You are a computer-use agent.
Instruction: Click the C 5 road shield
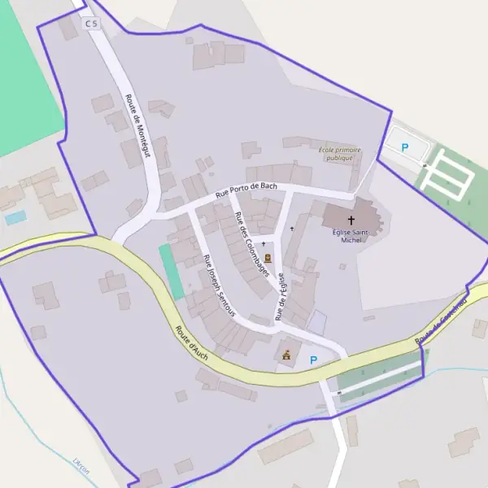(x=90, y=24)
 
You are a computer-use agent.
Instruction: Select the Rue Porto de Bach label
(x=246, y=191)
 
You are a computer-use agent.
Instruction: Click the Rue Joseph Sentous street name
(x=219, y=285)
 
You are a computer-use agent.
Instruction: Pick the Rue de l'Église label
(x=281, y=294)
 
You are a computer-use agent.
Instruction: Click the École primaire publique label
(x=340, y=154)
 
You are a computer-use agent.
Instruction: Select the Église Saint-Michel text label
(x=351, y=236)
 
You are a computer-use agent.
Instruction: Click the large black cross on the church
(x=351, y=220)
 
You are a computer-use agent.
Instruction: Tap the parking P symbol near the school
(x=405, y=147)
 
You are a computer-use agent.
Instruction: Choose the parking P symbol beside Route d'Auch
(x=313, y=359)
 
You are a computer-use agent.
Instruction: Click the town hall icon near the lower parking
(x=285, y=355)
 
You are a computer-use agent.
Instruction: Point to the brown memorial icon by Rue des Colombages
(x=268, y=259)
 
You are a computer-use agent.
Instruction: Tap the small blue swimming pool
(x=15, y=218)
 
